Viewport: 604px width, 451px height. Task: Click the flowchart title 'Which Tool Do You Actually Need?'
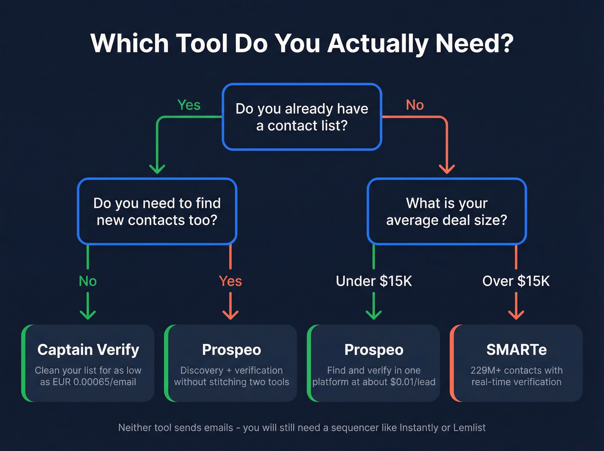[x=302, y=44]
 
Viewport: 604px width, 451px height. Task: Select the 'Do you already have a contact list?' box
[x=302, y=117]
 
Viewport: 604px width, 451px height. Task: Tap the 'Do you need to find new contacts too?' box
[x=157, y=211]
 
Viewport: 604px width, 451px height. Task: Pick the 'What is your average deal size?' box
[x=447, y=211]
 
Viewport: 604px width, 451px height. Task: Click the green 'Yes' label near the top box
[x=189, y=105]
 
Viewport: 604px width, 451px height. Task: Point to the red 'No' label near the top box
[x=415, y=105]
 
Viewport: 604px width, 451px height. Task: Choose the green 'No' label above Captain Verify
[x=88, y=281]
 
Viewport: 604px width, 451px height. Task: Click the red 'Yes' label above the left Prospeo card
[x=230, y=281]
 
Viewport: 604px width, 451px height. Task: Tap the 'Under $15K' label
[x=374, y=281]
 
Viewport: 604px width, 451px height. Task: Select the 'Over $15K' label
[x=516, y=281]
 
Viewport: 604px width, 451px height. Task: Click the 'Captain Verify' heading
[x=88, y=350]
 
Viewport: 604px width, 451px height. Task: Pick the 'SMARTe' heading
[x=516, y=350]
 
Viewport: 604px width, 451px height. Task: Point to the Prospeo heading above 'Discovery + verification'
[x=232, y=350]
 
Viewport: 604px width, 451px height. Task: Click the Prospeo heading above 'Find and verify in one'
[x=374, y=350]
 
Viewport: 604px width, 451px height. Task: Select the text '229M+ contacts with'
[x=516, y=370]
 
